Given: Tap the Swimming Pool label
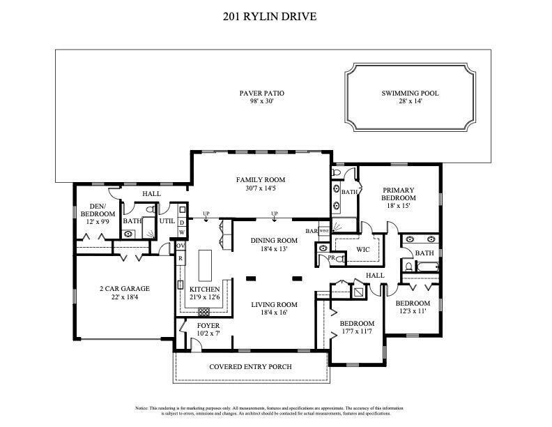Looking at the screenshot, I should click(x=410, y=93).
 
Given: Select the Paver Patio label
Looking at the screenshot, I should click(x=261, y=93).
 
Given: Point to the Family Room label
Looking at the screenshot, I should click(x=261, y=180).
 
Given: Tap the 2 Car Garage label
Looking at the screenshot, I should click(x=123, y=288).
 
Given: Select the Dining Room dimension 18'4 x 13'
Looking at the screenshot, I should click(x=274, y=248).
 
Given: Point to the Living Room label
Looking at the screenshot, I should click(x=274, y=304).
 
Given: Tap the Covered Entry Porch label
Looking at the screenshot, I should click(x=250, y=366).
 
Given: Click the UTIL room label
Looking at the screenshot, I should click(x=167, y=220).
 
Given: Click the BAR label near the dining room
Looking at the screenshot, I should click(x=310, y=230).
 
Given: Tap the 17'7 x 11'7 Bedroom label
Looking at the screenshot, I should click(x=356, y=324).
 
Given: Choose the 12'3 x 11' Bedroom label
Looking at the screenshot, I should click(x=413, y=304).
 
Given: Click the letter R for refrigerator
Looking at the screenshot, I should click(x=181, y=259).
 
